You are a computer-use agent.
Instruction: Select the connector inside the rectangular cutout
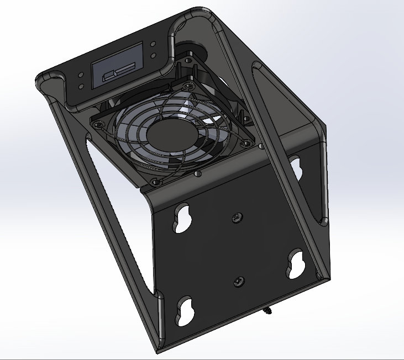(113, 74)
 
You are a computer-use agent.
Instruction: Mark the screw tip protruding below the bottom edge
(269, 311)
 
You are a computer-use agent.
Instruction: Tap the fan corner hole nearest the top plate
(190, 87)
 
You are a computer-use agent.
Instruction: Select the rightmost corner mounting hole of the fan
(259, 146)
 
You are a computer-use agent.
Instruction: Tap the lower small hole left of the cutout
(82, 86)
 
